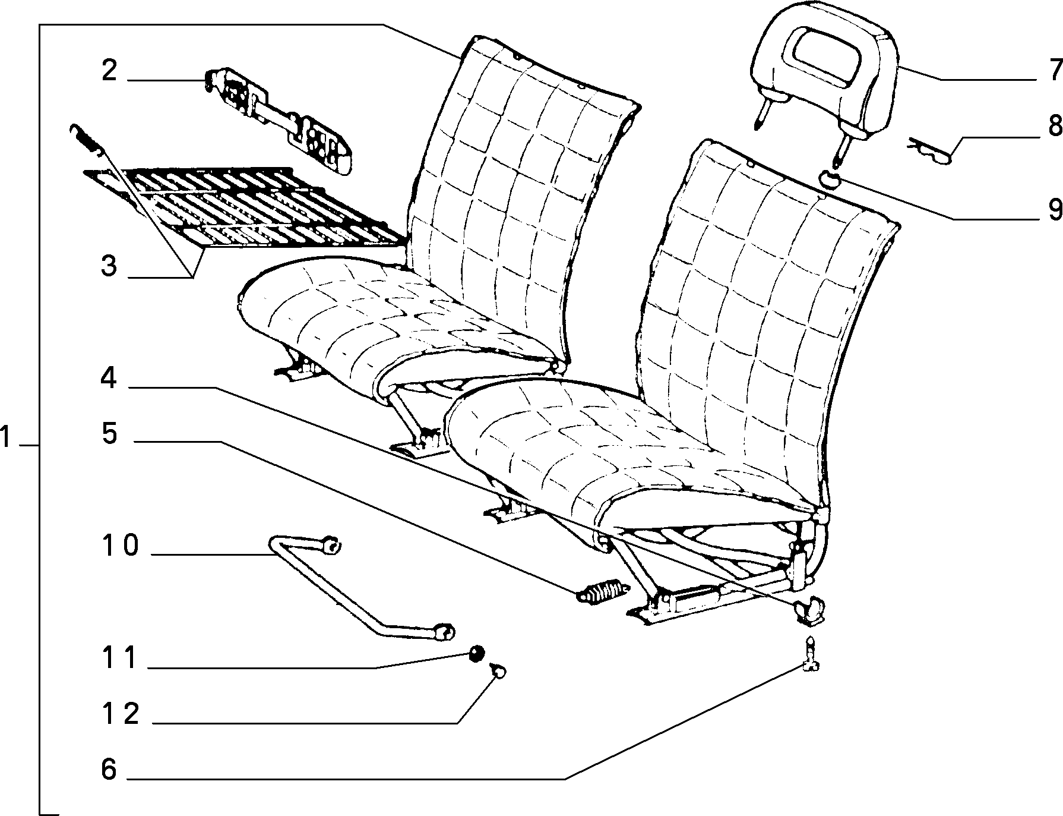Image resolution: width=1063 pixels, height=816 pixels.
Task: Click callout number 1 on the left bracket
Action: click(5, 439)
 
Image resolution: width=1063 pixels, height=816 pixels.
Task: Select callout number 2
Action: click(110, 71)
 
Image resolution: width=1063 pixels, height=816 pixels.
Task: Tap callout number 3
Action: click(109, 266)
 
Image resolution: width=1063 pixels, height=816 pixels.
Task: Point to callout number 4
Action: click(109, 378)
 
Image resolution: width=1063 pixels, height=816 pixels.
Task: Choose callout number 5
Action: click(110, 433)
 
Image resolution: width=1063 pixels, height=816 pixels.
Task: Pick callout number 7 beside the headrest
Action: click(1055, 71)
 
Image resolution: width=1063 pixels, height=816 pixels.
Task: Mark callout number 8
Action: click(1055, 126)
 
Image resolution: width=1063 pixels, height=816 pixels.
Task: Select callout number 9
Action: click(1055, 209)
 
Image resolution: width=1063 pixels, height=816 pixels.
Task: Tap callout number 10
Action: click(120, 545)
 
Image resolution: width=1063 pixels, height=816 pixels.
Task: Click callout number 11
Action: click(120, 658)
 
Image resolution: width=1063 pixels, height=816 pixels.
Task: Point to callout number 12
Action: click(120, 713)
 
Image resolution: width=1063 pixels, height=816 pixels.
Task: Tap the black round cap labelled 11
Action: click(477, 654)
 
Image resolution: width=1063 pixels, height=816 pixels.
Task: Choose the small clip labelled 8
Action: click(929, 151)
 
